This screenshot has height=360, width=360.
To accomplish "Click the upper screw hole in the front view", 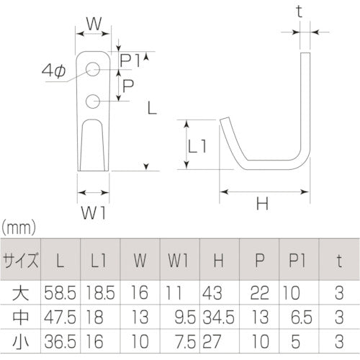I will coord(94,70).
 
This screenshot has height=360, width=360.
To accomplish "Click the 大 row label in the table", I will coord(21,292).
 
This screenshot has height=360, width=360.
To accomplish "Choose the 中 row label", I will coord(21,315).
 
